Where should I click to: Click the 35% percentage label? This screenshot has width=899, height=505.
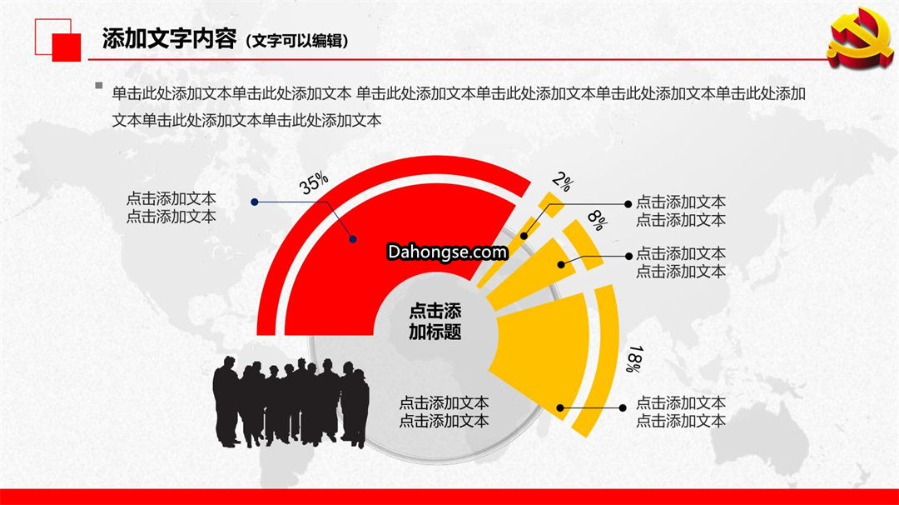[x=314, y=183]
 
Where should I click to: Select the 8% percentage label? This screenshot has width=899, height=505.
[x=598, y=220]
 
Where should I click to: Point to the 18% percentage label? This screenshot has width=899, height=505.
[x=634, y=358]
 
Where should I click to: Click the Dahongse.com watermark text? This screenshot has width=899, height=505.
[x=447, y=252]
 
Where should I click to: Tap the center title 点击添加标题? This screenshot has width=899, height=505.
[x=435, y=322]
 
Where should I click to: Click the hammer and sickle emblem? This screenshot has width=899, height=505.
[x=859, y=37]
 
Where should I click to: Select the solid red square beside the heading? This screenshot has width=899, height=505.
[x=67, y=47]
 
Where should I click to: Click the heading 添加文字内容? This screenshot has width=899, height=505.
[x=169, y=39]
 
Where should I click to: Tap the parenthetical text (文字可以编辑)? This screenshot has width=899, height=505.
[x=297, y=41]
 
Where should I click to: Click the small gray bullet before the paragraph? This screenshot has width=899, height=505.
[x=99, y=86]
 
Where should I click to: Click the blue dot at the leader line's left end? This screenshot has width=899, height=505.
[x=255, y=202]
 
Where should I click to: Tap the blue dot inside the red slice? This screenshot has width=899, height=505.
[x=353, y=239]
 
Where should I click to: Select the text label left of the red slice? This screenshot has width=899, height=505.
[x=171, y=207]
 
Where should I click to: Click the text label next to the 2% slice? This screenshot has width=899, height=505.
[x=681, y=211]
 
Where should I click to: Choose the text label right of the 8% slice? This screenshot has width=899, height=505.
[x=681, y=262]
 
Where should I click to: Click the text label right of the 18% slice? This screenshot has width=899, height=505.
[x=681, y=412]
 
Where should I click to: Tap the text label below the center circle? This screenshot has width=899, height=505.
[x=444, y=412]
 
